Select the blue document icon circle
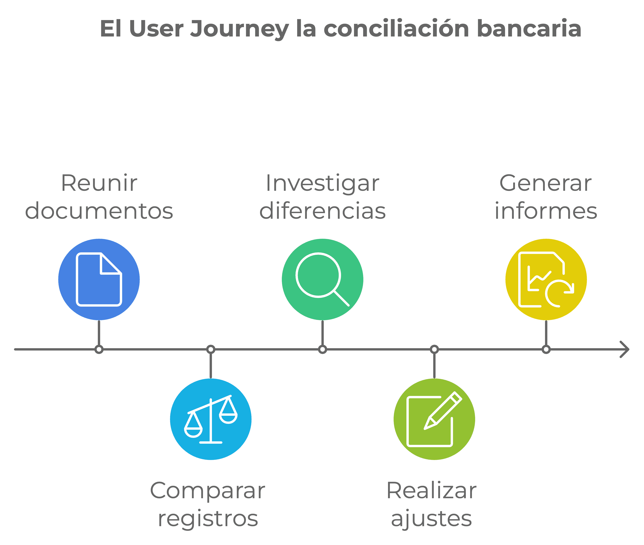(x=99, y=279)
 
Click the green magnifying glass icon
(x=322, y=279)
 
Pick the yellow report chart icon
(x=546, y=279)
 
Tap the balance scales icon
(x=211, y=419)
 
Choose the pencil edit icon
(x=434, y=419)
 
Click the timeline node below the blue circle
(x=99, y=349)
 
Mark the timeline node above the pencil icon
(x=434, y=349)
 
